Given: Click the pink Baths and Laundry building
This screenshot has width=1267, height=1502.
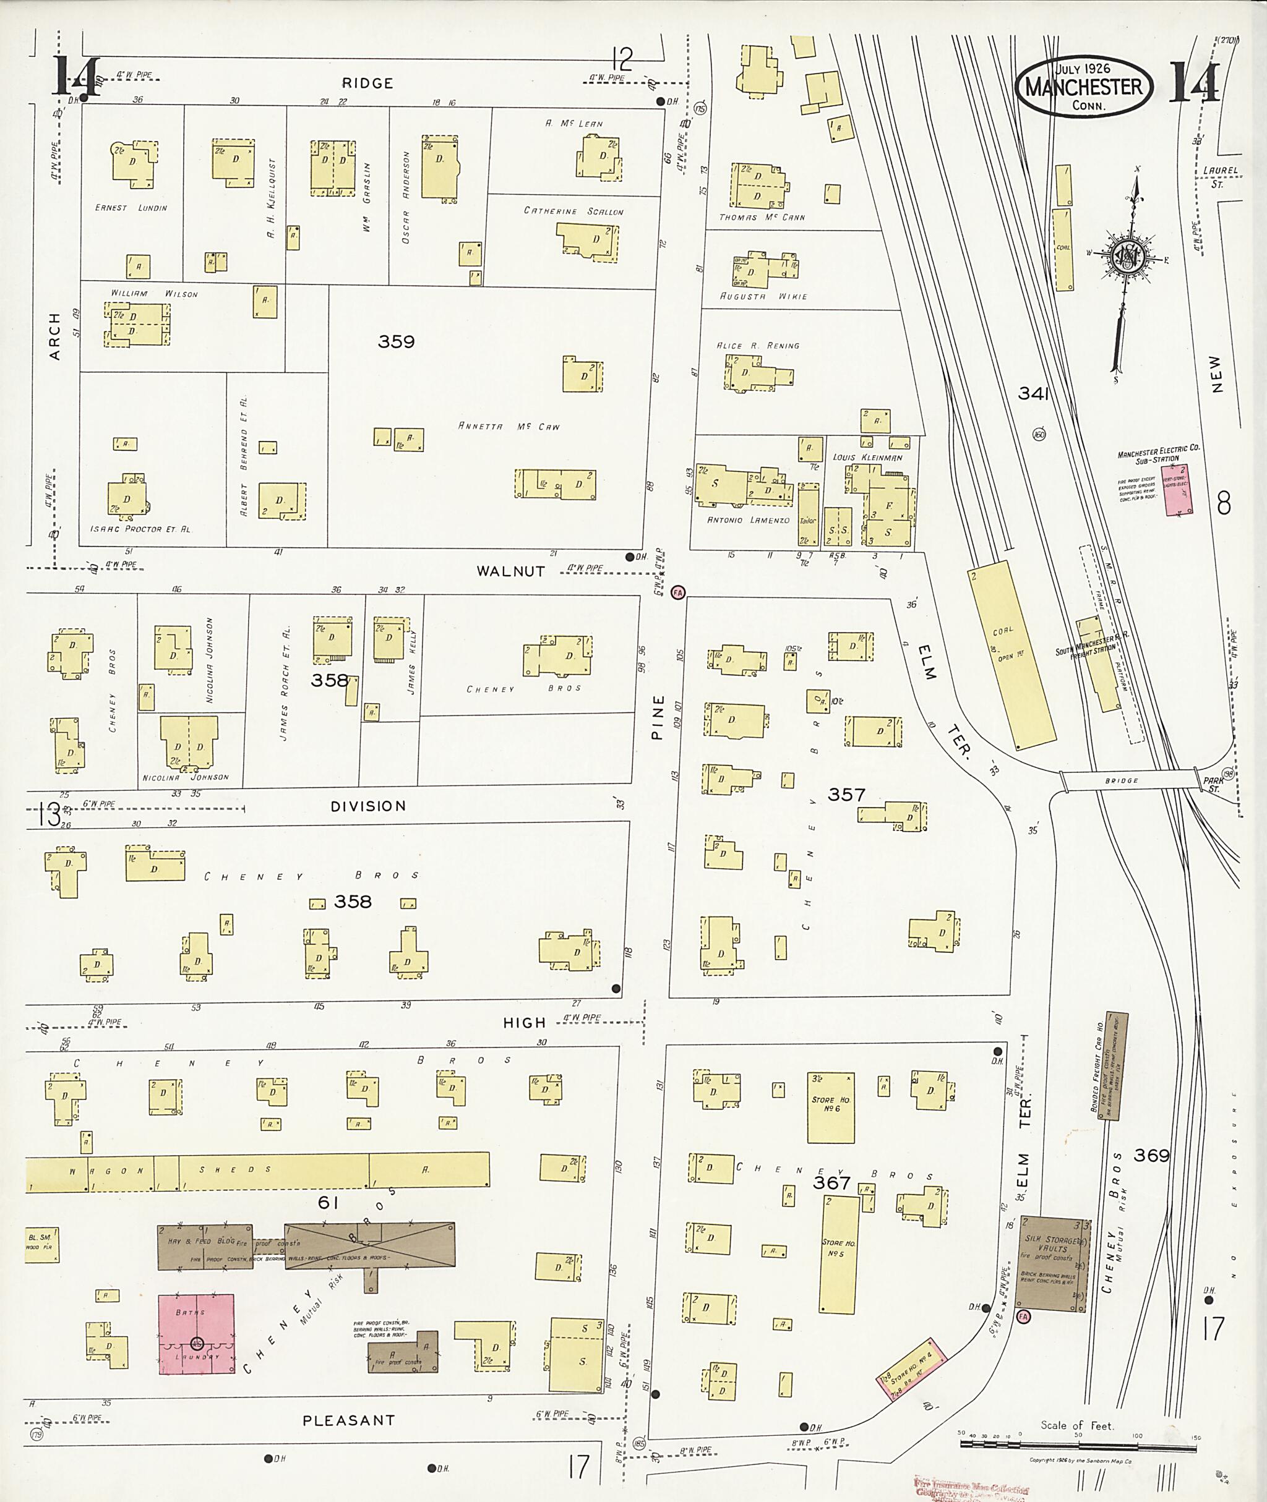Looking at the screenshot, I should coord(196,1334).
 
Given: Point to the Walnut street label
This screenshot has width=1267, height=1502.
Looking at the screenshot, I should coord(510,571).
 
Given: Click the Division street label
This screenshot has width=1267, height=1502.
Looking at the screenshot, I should coord(367,806).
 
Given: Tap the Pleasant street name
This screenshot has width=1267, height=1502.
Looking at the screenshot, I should coord(348,1420).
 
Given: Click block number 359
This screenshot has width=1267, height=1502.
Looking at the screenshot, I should coord(396,342).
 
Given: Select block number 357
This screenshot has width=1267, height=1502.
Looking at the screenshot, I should coord(846,795).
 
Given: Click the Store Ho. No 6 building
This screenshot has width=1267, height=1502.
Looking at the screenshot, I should coord(830,1107).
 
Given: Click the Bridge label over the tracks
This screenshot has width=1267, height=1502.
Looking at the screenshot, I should coord(1121,780).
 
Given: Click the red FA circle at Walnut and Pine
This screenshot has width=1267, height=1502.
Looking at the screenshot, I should coord(677,592).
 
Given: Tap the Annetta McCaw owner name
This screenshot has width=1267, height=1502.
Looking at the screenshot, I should coord(509,427).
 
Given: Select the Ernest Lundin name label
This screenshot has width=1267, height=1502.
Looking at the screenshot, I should coord(131,208).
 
